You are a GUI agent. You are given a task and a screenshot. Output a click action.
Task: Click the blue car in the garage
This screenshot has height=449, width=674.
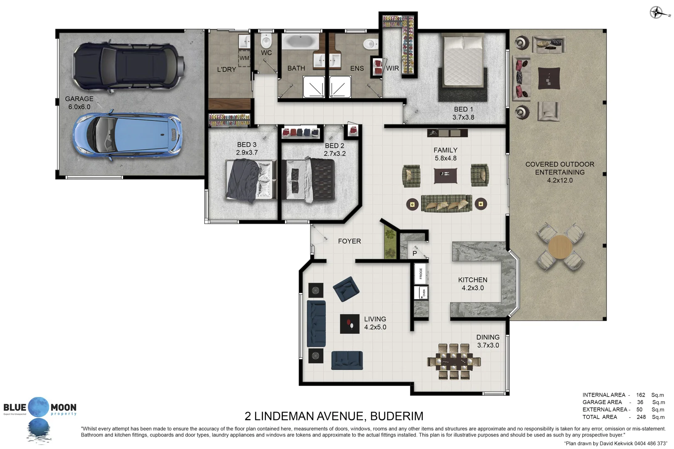click(127, 136)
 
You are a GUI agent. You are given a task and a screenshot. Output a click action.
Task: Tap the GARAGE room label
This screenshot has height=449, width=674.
click(79, 99)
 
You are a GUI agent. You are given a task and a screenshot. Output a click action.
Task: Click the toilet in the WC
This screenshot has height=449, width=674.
click(266, 41)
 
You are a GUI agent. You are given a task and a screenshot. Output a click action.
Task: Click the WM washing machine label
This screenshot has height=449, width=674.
click(244, 58)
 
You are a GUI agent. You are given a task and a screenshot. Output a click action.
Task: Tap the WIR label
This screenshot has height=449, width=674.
click(392, 69)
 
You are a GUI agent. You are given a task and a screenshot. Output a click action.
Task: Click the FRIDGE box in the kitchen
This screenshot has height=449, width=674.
click(421, 274)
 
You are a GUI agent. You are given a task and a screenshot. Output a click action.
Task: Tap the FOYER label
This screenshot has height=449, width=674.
click(349, 241)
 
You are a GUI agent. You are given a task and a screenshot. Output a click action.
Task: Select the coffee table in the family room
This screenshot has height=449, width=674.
click(445, 175)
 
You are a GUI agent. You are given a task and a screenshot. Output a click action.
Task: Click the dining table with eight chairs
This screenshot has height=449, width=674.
click(453, 361)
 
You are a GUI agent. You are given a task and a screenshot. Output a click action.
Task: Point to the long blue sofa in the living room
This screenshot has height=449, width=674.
click(316, 323)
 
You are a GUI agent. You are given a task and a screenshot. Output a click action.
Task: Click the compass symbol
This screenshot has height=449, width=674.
click(656, 12)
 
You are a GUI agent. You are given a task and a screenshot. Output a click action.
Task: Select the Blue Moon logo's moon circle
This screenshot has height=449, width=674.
click(39, 407)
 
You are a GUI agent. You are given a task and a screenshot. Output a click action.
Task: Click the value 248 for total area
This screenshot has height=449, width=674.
click(641, 417)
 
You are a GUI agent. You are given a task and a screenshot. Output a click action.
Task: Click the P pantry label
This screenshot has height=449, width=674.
click(414, 253)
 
